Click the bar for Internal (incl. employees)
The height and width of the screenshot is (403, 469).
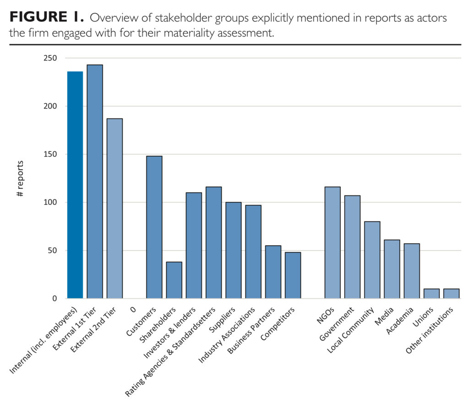pyautogui.click(x=75, y=185)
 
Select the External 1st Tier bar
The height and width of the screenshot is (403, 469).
pyautogui.click(x=95, y=182)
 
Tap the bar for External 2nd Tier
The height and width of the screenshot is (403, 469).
pyautogui.click(x=115, y=208)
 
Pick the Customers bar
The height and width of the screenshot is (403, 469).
pyautogui.click(x=154, y=227)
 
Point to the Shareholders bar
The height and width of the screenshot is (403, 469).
pyautogui.click(x=174, y=280)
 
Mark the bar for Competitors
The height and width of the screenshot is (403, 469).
pyautogui.click(x=293, y=275)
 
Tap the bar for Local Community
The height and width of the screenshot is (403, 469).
pyautogui.click(x=372, y=260)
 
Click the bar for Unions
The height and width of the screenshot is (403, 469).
pyautogui.click(x=431, y=294)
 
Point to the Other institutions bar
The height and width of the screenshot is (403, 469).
pyautogui.click(x=451, y=294)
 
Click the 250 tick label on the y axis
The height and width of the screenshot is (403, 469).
pyautogui.click(x=50, y=58)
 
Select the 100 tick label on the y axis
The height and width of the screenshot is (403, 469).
pyautogui.click(x=50, y=202)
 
